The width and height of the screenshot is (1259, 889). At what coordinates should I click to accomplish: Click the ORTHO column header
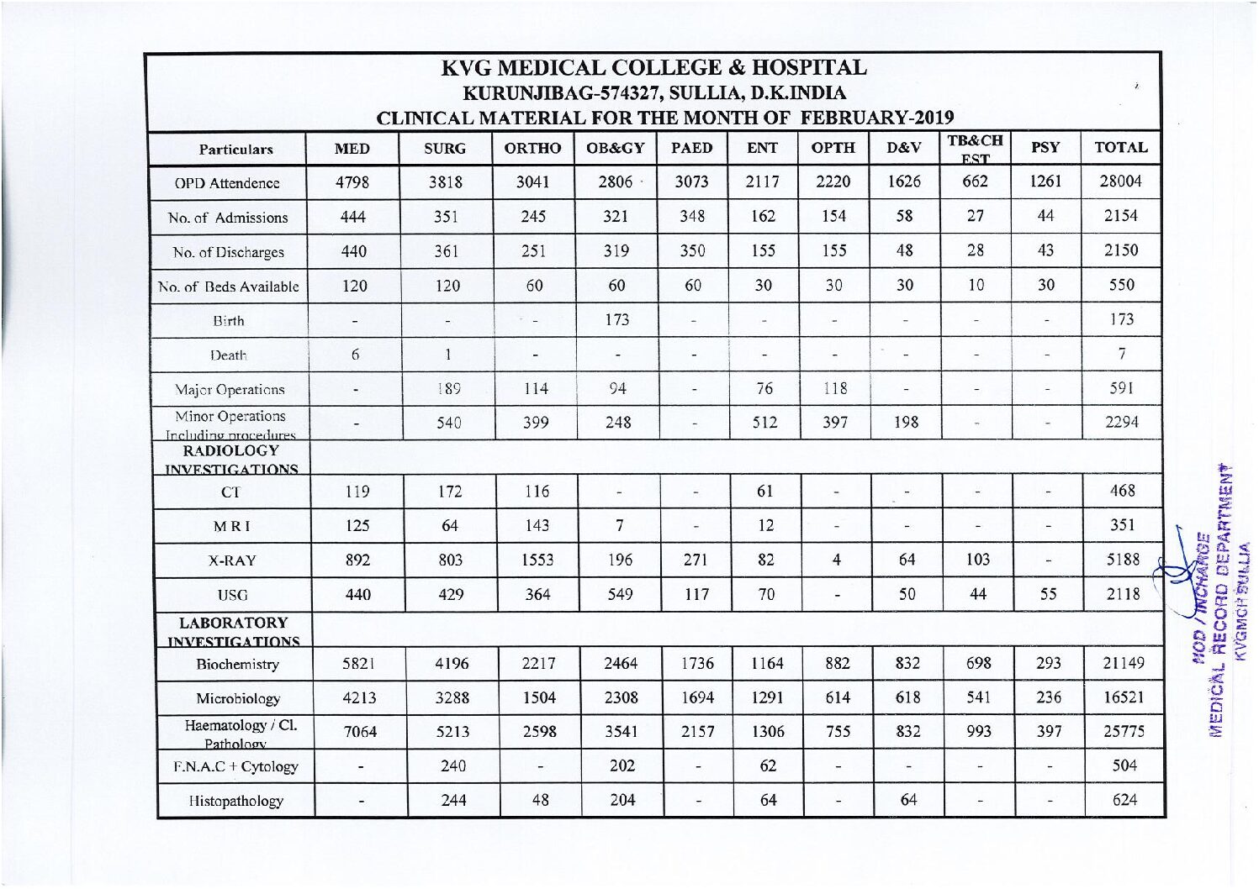532,149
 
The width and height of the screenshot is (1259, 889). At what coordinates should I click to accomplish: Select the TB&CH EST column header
975,149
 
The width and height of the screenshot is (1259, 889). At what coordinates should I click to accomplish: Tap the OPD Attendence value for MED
352,182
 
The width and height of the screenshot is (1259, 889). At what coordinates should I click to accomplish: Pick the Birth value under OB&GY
616,320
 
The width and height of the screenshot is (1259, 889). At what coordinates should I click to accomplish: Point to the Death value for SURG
447,355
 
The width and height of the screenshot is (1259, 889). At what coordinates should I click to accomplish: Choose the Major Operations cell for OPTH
834,389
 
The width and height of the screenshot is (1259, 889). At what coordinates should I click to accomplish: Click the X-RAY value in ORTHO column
537,560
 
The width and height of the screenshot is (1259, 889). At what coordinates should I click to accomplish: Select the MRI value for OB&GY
619,526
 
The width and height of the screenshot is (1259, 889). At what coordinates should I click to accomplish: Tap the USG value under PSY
1048,594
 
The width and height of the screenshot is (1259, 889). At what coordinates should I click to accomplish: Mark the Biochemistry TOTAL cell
1124,664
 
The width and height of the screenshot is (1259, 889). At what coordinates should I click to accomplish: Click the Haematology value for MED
360,732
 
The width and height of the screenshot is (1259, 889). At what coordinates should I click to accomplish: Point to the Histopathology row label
235,801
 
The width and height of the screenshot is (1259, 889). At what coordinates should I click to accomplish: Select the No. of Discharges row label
229,252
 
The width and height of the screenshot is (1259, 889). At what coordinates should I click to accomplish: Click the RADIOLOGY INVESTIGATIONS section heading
231,460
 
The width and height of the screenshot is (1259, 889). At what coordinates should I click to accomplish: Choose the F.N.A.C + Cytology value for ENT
767,766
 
